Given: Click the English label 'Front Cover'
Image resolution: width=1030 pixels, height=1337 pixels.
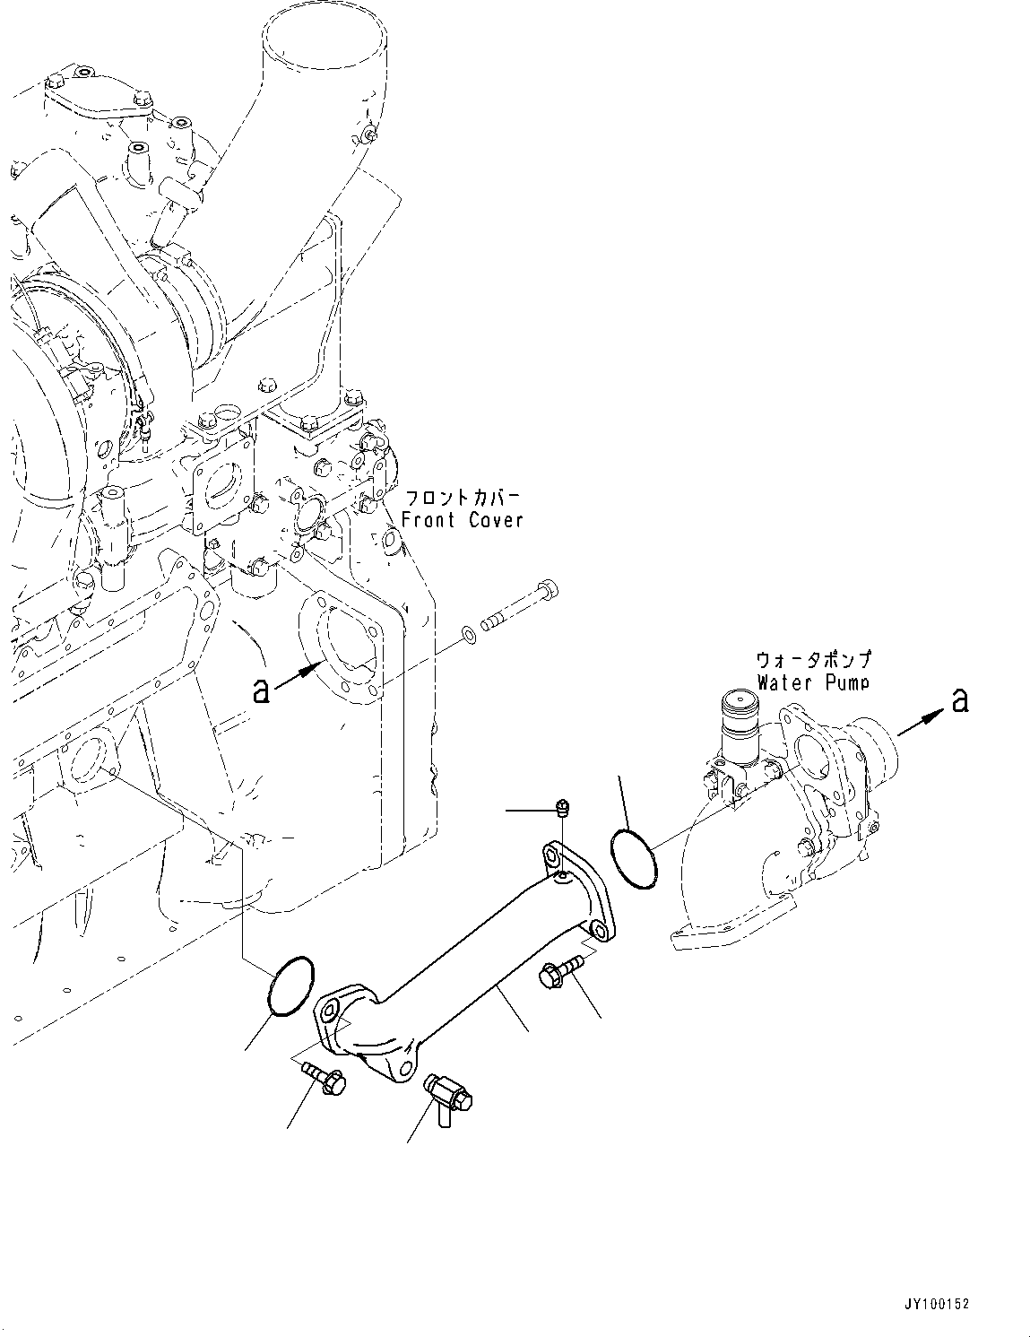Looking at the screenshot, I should pos(462,520).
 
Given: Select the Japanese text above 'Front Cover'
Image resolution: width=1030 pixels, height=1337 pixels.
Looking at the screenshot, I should pos(463,499).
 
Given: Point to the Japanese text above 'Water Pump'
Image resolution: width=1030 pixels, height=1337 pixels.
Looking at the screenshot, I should pos(813,661).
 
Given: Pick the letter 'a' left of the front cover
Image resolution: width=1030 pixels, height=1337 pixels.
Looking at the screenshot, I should pos(261,690).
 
